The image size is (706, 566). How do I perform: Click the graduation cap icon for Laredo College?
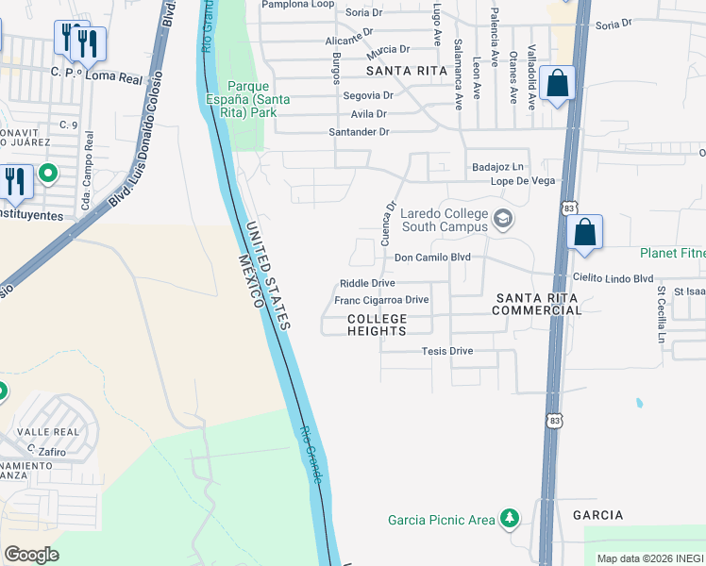[504, 219]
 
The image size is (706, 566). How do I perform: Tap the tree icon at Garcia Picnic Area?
[510, 519]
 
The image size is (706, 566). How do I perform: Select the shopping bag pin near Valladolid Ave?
[558, 83]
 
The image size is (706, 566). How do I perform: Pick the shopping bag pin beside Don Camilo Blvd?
[584, 232]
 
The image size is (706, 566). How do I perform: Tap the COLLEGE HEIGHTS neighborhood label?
[377, 325]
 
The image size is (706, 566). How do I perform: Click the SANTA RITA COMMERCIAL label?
[534, 304]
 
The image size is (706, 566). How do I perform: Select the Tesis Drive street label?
[446, 351]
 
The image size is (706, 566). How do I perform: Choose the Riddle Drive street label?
[367, 283]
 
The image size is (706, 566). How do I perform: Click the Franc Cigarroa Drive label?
[381, 300]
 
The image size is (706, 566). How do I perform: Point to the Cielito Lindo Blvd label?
[614, 278]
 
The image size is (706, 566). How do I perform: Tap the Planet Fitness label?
[672, 253]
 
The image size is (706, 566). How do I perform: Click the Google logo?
[31, 555]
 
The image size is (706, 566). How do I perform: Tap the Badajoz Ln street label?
[497, 167]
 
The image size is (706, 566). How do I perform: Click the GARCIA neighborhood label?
[597, 515]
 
